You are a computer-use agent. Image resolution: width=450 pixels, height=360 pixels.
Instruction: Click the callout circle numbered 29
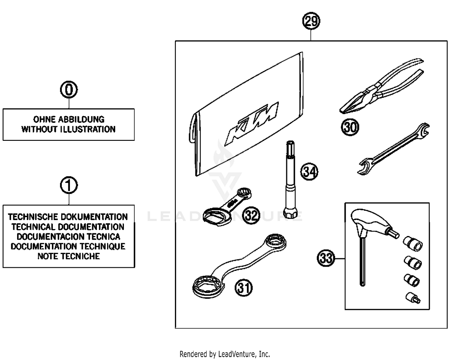(x=311, y=21)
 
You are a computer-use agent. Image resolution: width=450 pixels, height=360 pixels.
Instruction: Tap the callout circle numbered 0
(x=69, y=90)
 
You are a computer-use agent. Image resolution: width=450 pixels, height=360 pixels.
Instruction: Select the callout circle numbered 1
(x=69, y=185)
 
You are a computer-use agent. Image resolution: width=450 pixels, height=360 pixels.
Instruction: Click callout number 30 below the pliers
(x=350, y=127)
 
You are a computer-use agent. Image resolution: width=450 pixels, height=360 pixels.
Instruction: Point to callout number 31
(x=243, y=288)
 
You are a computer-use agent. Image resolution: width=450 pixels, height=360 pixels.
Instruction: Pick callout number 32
(x=251, y=215)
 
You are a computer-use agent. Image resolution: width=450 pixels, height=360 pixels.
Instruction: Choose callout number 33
(x=326, y=258)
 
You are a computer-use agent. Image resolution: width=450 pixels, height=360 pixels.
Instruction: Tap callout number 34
(x=309, y=172)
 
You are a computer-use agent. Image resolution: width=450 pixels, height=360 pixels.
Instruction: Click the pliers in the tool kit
(x=381, y=87)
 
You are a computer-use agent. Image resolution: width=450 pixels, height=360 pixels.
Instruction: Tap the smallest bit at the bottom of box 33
(x=413, y=298)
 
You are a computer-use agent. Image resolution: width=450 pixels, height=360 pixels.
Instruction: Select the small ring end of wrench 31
(x=276, y=241)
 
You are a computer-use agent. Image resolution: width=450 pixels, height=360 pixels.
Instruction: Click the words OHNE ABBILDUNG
(x=69, y=119)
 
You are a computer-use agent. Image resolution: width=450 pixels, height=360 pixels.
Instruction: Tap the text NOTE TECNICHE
(x=69, y=256)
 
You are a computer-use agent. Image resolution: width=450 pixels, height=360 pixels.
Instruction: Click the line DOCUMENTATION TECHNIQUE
(x=68, y=246)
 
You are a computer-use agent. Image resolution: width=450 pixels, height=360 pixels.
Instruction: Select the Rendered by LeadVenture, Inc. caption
(x=225, y=354)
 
